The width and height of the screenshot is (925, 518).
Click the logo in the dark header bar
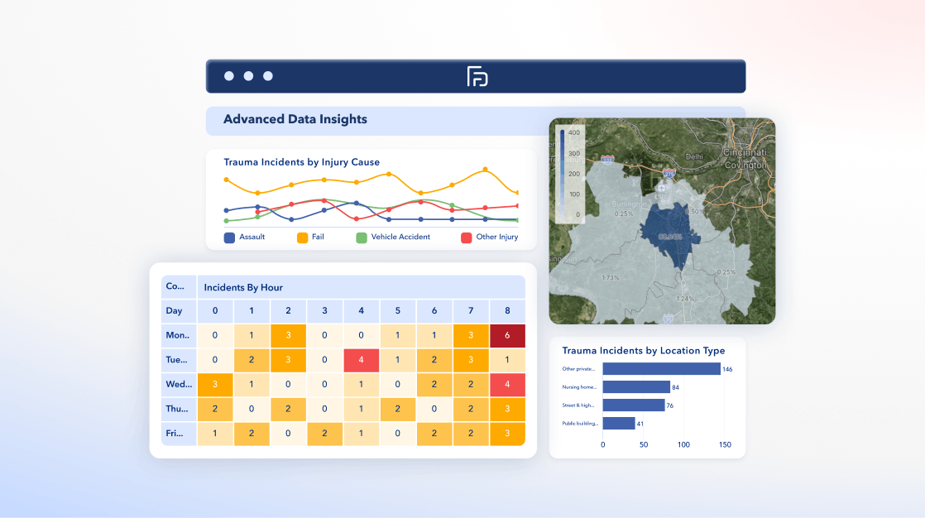(x=477, y=76)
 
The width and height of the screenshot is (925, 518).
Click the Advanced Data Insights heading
(x=295, y=119)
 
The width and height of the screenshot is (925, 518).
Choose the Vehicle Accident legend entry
(x=393, y=237)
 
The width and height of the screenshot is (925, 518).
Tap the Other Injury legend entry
(x=489, y=237)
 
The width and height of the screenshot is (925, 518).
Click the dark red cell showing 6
(x=507, y=336)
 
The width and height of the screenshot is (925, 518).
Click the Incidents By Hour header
(x=243, y=287)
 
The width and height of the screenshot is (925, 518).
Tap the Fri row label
(x=175, y=433)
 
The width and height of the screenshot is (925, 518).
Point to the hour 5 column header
(x=397, y=311)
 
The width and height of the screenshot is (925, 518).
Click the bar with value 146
(x=661, y=369)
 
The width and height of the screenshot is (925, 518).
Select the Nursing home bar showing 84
(x=635, y=387)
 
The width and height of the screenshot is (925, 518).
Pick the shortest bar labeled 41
(x=618, y=424)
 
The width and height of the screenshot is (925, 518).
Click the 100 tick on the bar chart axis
(x=683, y=445)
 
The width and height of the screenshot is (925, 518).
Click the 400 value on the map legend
(x=573, y=132)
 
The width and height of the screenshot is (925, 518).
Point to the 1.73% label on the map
(x=611, y=278)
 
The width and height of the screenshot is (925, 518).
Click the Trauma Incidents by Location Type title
(x=643, y=351)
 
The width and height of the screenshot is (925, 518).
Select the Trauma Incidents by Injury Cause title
(x=301, y=162)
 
